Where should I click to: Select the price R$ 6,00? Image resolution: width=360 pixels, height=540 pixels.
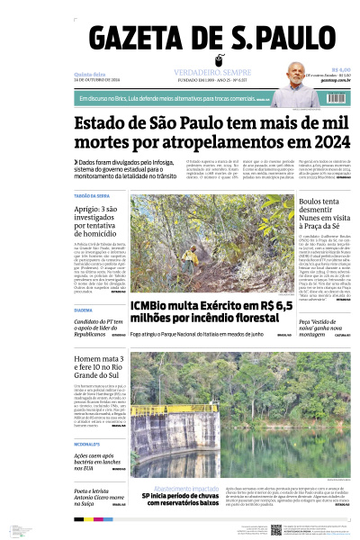(x=340, y=69)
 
